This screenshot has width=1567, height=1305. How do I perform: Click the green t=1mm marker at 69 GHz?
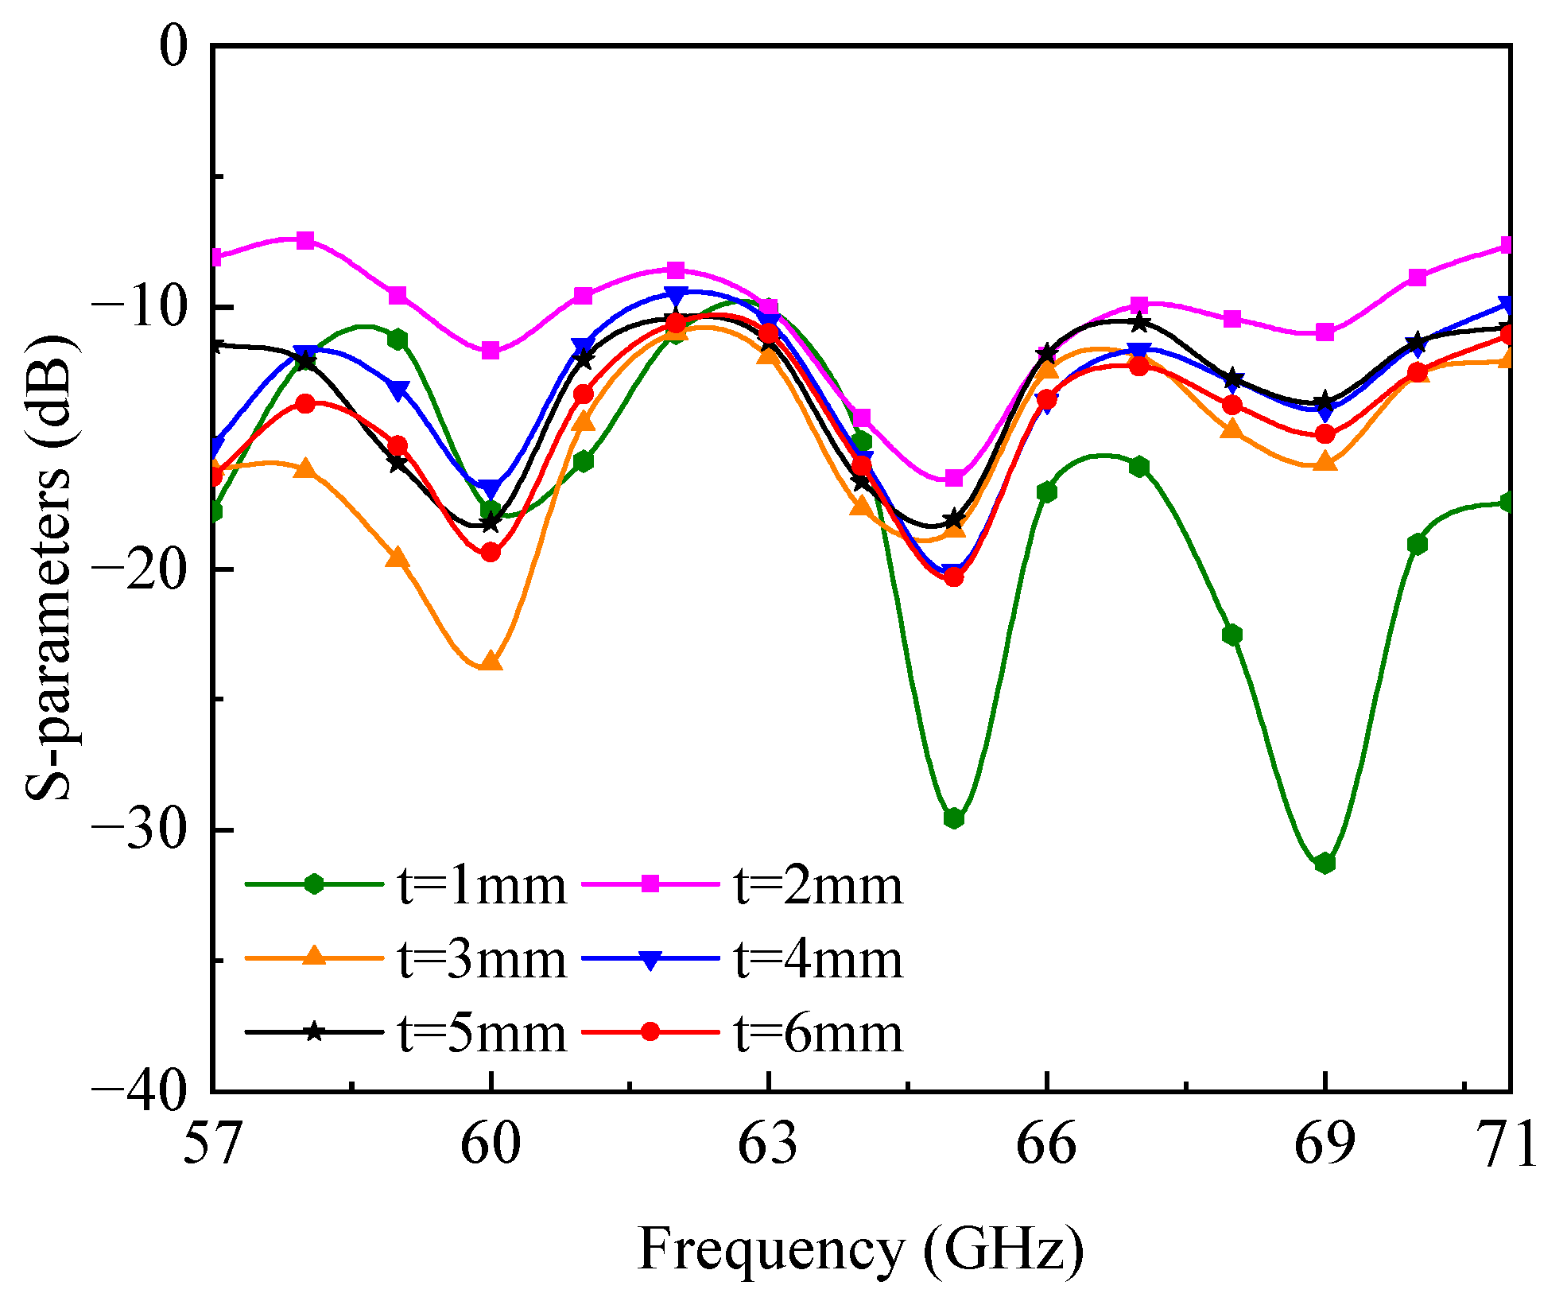pos(1325,863)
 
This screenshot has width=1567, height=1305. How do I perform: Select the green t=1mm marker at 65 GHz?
pos(954,818)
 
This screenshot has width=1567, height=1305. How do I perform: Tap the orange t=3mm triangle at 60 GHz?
pos(491,661)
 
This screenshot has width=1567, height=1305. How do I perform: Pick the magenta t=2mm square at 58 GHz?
pos(306,240)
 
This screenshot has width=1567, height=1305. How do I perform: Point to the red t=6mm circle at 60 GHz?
pos(491,552)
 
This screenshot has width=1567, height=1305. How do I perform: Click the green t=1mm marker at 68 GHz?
pos(1232,635)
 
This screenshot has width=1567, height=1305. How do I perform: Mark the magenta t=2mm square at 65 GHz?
pos(954,478)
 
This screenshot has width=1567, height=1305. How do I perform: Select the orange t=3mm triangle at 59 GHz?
pos(398,558)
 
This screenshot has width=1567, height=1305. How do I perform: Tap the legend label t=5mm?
pos(482,1033)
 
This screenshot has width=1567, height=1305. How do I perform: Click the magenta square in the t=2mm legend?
pos(651,884)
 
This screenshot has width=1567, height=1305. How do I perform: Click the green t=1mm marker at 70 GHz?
pos(1418,544)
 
